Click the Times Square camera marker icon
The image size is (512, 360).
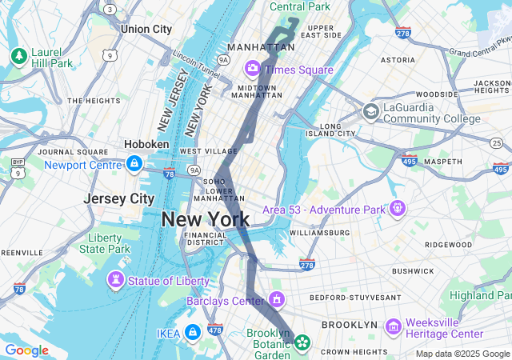click(x=253, y=69)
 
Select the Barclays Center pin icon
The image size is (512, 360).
click(x=277, y=301)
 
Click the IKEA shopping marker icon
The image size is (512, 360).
click(x=192, y=332)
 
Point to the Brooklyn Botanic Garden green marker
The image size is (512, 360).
click(x=302, y=343)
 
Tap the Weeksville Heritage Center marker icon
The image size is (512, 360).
click(x=393, y=327)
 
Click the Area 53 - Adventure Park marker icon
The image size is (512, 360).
click(x=397, y=210)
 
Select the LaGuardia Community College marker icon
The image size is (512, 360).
click(x=371, y=112)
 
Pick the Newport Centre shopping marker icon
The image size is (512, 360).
click(x=134, y=165)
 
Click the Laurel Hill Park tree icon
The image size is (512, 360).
click(x=18, y=56)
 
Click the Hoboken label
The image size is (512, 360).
click(x=146, y=144)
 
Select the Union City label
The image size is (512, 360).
click(x=146, y=29)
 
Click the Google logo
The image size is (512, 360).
click(x=26, y=350)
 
